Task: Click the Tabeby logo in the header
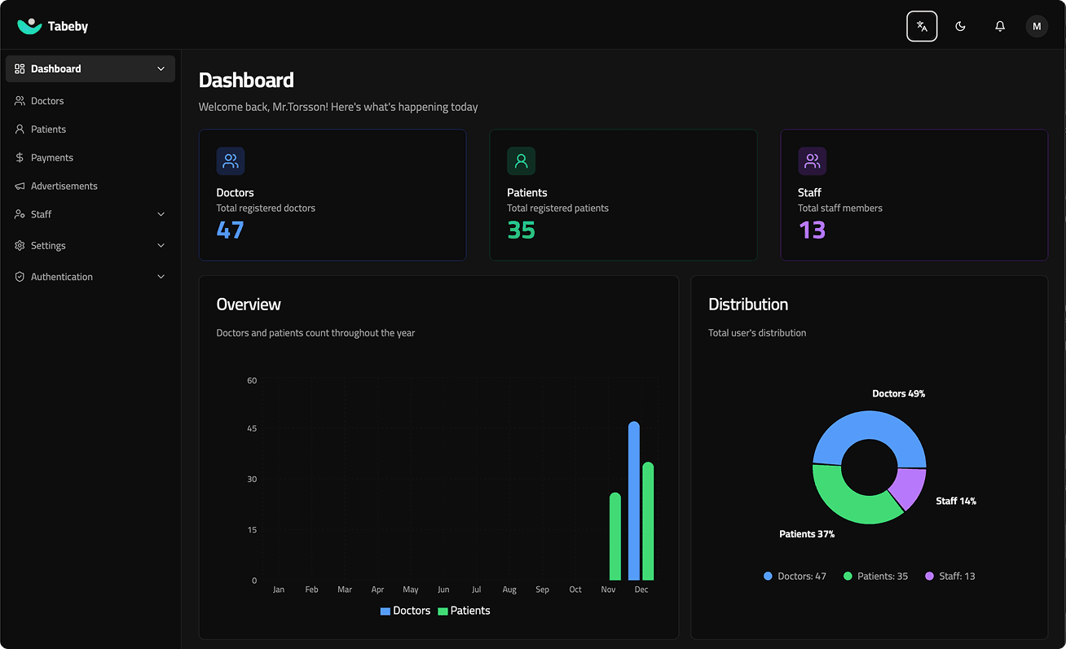pyautogui.click(x=52, y=26)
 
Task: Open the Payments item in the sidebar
pyautogui.click(x=51, y=158)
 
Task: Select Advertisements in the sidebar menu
pyautogui.click(x=64, y=186)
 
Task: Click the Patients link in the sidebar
pyautogui.click(x=48, y=129)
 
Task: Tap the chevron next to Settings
pyautogui.click(x=161, y=246)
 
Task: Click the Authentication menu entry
pyautogui.click(x=62, y=277)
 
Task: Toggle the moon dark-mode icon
pyautogui.click(x=960, y=26)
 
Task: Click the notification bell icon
pyautogui.click(x=1000, y=26)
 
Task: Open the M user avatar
pyautogui.click(x=1037, y=26)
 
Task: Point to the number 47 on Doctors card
pyautogui.click(x=230, y=230)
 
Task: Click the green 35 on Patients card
pyautogui.click(x=521, y=230)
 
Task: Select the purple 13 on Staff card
pyautogui.click(x=812, y=230)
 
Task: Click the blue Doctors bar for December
pyautogui.click(x=633, y=501)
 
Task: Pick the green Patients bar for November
pyautogui.click(x=615, y=537)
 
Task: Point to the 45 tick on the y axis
pyautogui.click(x=252, y=429)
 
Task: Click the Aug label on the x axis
pyautogui.click(x=509, y=590)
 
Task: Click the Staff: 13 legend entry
pyautogui.click(x=950, y=577)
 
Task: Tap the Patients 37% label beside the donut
pyautogui.click(x=807, y=534)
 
